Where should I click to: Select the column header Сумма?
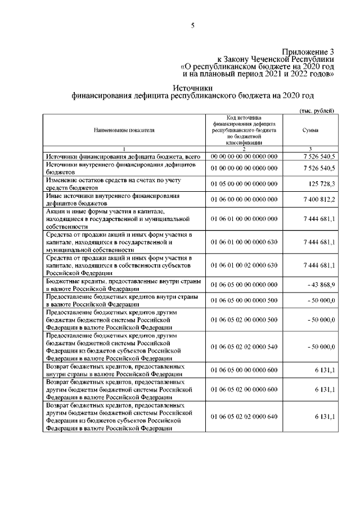coord(310,130)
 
